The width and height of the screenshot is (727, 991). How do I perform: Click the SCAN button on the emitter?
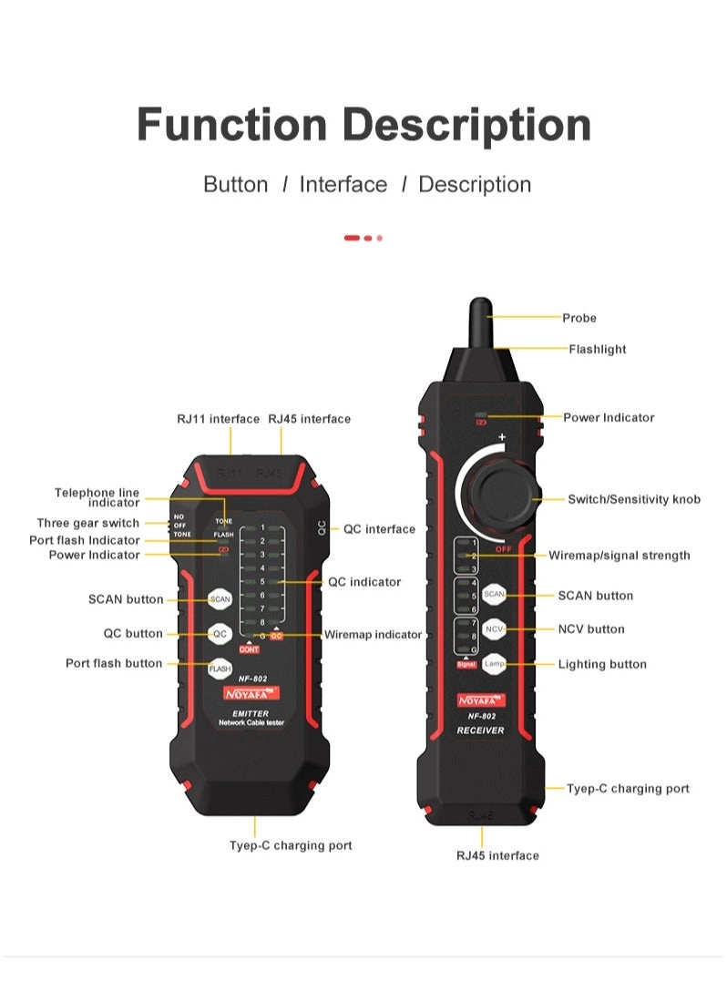pos(220,599)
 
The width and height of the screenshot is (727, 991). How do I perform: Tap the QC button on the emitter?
pos(220,634)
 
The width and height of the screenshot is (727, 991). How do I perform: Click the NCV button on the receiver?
pos(494,629)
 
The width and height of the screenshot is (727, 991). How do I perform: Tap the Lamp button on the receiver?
pos(494,664)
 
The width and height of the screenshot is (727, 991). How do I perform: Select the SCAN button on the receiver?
pos(494,594)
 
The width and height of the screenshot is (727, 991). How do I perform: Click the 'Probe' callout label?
pos(579,318)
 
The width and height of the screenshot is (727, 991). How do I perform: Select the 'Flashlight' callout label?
pos(598,349)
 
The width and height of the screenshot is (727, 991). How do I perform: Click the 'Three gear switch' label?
pos(88,523)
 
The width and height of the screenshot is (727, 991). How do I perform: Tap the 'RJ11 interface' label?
pos(218,419)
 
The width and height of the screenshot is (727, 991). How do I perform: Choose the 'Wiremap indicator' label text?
pos(374,635)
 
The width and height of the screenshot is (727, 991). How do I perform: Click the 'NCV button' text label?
pos(591,629)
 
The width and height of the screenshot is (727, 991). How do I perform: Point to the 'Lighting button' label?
pos(602,664)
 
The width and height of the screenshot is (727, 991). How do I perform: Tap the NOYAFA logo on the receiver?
pos(480,700)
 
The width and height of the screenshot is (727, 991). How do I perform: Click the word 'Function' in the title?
pos(231,125)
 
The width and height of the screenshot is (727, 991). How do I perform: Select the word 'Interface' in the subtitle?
pos(343,185)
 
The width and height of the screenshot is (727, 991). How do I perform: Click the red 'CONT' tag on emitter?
pos(249,649)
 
